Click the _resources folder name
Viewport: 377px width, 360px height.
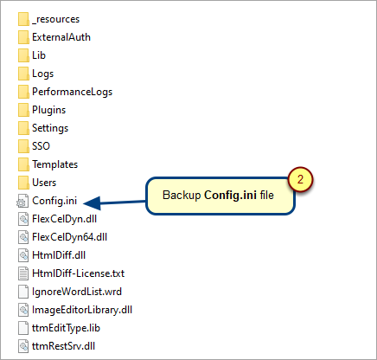[x=55, y=19]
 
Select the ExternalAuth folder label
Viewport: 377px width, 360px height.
[x=61, y=37]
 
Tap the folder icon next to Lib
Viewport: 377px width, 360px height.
[x=23, y=55]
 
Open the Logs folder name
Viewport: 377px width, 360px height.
[x=42, y=74]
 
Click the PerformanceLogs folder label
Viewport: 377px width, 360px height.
[x=72, y=92]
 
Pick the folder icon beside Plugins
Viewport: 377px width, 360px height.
[x=23, y=110]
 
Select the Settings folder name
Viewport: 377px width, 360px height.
[x=50, y=128]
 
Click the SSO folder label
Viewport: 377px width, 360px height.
[x=41, y=146]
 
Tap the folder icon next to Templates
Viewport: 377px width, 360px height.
[x=23, y=164]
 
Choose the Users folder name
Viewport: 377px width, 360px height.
[x=44, y=183]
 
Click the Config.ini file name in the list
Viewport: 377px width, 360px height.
[x=54, y=201]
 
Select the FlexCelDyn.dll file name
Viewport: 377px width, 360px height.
[x=64, y=219]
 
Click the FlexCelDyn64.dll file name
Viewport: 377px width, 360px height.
[x=69, y=237]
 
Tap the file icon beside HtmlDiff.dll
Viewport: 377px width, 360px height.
[x=23, y=255]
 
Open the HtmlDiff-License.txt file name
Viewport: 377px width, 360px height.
[x=78, y=273]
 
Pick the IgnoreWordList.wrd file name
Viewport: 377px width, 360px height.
[x=77, y=292]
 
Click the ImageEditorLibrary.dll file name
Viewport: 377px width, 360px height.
[x=82, y=310]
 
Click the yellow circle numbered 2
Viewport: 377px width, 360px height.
[x=300, y=179]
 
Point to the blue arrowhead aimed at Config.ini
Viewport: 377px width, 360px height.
[x=93, y=203]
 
